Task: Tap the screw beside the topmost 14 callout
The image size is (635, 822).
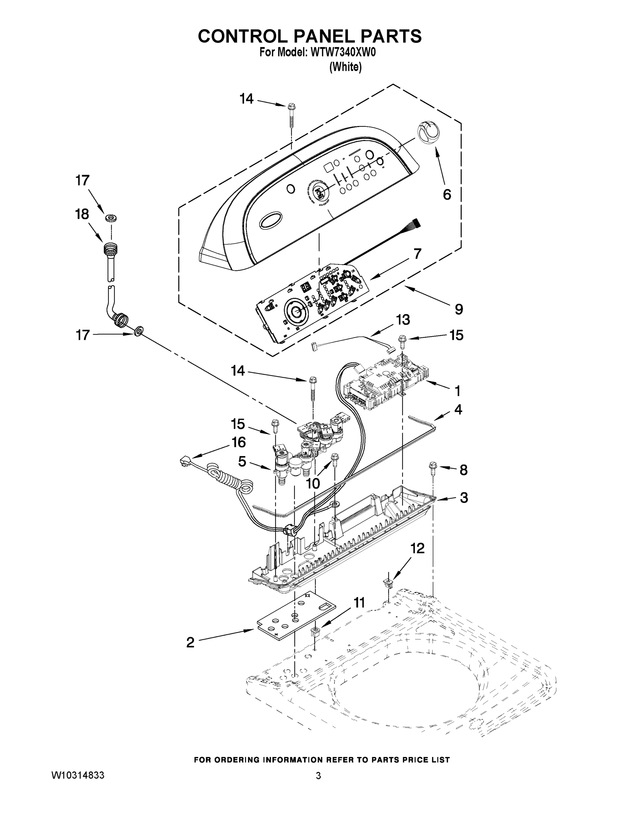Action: tap(291, 113)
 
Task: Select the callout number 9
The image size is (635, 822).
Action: tap(459, 309)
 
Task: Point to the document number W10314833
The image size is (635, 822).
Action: tap(77, 775)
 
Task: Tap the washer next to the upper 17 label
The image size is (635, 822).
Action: tap(111, 218)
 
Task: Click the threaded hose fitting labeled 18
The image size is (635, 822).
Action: tap(111, 249)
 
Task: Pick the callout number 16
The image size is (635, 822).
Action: tap(239, 442)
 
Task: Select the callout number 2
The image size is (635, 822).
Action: tap(190, 642)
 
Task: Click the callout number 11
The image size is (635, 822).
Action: tap(359, 602)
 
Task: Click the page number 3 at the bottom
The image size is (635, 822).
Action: tap(318, 776)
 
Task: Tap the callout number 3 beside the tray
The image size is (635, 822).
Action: tap(464, 497)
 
